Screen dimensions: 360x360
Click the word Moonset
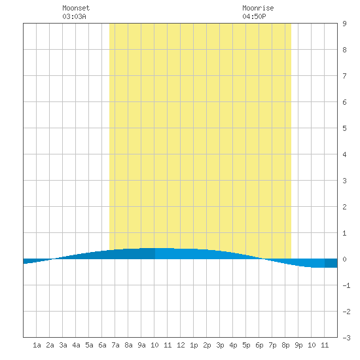(x=76, y=8)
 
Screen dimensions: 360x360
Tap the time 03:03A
(x=74, y=16)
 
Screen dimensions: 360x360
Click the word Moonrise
(x=258, y=8)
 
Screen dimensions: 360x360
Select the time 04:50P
(x=254, y=16)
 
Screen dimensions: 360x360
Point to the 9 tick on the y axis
(x=344, y=24)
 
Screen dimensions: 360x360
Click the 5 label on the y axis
(x=344, y=128)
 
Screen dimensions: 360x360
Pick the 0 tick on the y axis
(x=344, y=259)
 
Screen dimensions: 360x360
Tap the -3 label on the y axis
(x=346, y=338)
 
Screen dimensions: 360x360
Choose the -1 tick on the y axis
(x=346, y=285)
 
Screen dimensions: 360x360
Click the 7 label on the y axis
(x=344, y=76)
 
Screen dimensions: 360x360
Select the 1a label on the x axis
(x=37, y=345)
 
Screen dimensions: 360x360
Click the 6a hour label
(x=102, y=345)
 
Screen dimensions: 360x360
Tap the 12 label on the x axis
(x=181, y=345)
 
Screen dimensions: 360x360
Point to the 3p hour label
(x=220, y=345)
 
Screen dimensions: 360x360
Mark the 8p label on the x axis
(x=285, y=345)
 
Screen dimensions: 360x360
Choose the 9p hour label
(x=298, y=345)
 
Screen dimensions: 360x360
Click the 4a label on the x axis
(x=76, y=345)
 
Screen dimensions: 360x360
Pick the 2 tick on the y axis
(x=344, y=207)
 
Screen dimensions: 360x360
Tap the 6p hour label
(x=259, y=345)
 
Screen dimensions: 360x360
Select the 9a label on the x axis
(x=141, y=345)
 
